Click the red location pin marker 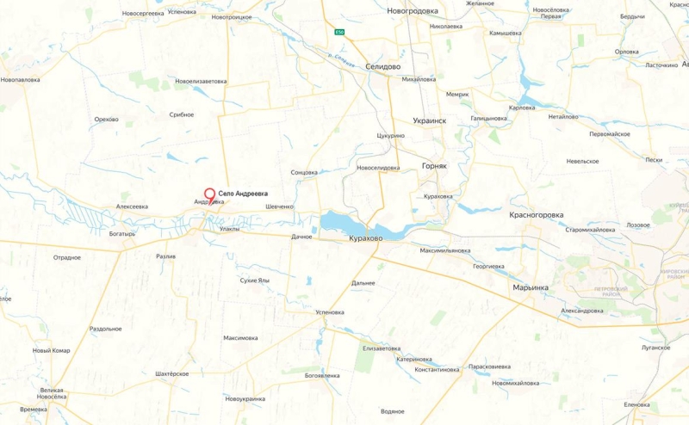point(209,194)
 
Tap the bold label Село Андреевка point(243,194)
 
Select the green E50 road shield point(340,33)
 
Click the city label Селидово point(382,66)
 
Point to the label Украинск point(430,121)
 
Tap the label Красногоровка point(536,214)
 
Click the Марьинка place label point(531,287)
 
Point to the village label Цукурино point(390,135)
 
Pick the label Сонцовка point(304,172)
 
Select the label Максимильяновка point(445,250)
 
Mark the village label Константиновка point(437,370)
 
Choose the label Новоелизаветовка point(201,81)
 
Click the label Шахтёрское point(171,373)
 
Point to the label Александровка point(582,310)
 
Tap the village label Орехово point(107,119)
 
